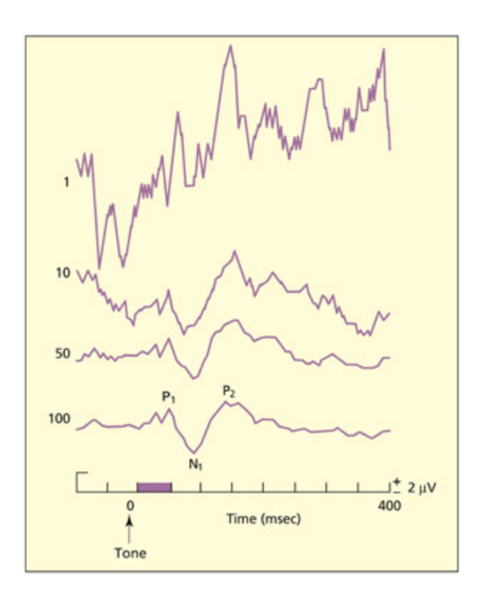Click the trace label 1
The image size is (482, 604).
[x=66, y=182]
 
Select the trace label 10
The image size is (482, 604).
[x=62, y=273]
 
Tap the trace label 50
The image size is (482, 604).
[x=62, y=354]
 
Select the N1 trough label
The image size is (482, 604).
[x=195, y=463]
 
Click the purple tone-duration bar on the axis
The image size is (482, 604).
[x=154, y=487]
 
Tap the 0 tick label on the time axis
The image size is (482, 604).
[x=130, y=505]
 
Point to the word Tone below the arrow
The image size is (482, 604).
[x=130, y=552]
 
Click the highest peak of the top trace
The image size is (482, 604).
[x=230, y=46]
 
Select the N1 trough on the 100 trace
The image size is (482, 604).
[x=193, y=452]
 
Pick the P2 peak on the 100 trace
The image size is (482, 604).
[x=226, y=402]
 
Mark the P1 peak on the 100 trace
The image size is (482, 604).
[x=169, y=409]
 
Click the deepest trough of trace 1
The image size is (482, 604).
[x=99, y=268]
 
